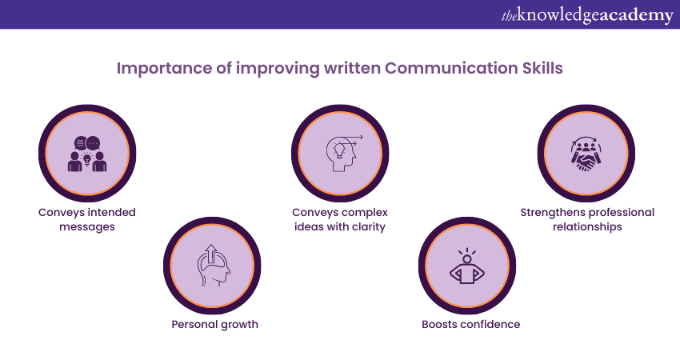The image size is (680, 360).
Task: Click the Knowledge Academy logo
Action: (587, 15)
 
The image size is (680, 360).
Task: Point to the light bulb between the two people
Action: (87, 159)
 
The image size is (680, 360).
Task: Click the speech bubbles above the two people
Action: (87, 142)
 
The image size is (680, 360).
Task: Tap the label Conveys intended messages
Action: (87, 219)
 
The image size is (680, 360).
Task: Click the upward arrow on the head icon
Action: (211, 254)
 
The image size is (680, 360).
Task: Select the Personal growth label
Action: (214, 325)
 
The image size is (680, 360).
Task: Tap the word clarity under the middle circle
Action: (369, 227)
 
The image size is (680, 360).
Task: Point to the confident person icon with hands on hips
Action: (467, 269)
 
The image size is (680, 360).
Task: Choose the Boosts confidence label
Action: (471, 325)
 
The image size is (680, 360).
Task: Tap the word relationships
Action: (587, 227)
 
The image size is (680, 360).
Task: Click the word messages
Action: (87, 227)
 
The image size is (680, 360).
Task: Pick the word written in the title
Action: (352, 68)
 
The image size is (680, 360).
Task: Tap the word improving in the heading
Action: (278, 69)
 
